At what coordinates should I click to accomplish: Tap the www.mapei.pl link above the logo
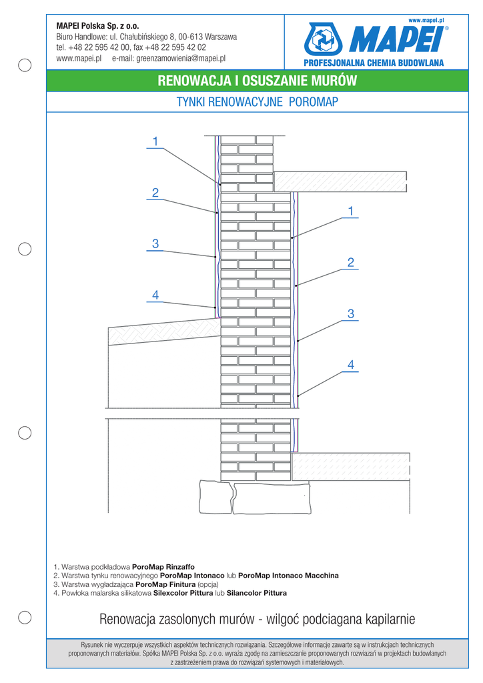coord(426,21)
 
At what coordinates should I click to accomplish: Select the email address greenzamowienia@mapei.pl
coord(181,59)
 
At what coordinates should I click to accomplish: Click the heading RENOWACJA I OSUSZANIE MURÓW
coord(258,81)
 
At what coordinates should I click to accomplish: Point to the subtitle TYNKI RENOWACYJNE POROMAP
coord(258,102)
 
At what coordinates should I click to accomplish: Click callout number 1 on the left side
coord(155,141)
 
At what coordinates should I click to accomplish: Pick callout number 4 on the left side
coord(155,295)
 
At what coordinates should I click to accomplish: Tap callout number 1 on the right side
coord(350,211)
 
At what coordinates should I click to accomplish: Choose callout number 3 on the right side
coord(350,313)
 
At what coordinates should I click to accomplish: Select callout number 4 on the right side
coord(350,364)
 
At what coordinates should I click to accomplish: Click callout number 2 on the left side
coord(155,193)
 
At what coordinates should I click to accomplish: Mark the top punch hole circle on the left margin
coord(24,65)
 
